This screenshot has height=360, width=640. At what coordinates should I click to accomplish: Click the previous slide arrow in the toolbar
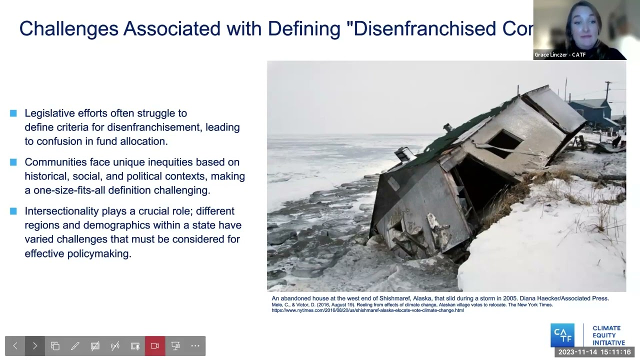pyautogui.click(x=15, y=345)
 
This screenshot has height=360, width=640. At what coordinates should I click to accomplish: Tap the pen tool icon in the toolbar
pyautogui.click(x=75, y=345)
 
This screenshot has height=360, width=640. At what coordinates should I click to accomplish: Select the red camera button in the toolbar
pyautogui.click(x=155, y=345)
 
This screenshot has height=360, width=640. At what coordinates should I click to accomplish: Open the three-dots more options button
pyautogui.click(x=195, y=345)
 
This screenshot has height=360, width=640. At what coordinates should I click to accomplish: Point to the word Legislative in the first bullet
pyautogui.click(x=49, y=113)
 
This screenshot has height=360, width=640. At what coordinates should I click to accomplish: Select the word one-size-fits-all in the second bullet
pyautogui.click(x=79, y=190)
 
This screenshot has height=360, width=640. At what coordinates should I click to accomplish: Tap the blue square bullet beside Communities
pyautogui.click(x=13, y=162)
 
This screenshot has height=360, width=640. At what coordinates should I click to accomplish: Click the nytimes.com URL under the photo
pyautogui.click(x=367, y=310)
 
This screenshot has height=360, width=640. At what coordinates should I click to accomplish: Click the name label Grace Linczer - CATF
pyautogui.click(x=560, y=55)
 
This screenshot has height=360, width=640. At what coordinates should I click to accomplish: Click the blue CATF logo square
pyautogui.click(x=562, y=335)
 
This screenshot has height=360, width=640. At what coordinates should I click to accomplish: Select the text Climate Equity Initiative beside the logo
pyautogui.click(x=608, y=335)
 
